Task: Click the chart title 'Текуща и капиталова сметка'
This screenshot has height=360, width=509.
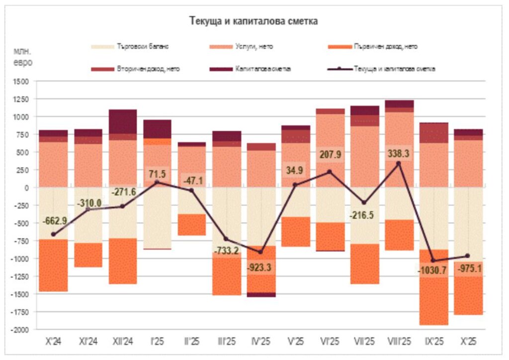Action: (254, 21)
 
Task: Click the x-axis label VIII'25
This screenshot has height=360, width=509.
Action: (398, 343)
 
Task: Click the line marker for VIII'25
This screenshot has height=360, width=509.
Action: (398, 163)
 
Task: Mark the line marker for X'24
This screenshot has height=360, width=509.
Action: (53, 234)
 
